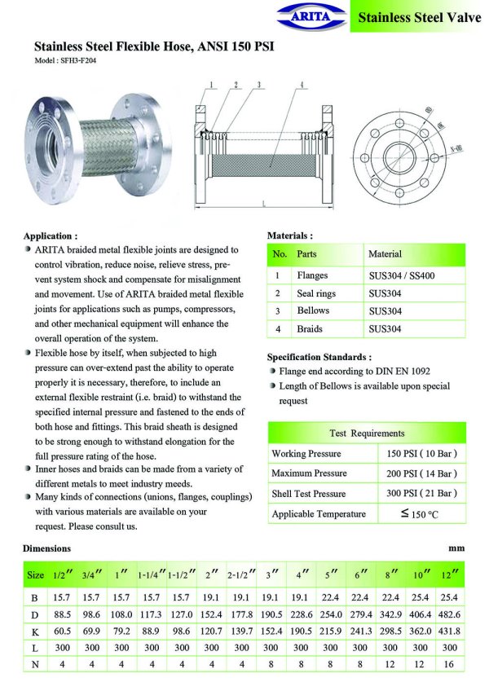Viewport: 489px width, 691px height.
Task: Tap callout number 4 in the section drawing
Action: [302, 85]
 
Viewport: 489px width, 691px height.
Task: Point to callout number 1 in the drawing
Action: [211, 85]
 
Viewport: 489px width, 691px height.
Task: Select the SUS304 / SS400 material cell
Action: [401, 276]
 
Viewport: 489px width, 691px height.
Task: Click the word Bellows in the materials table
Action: [313, 310]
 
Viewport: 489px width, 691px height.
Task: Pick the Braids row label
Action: [310, 329]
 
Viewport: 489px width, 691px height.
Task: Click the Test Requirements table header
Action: [366, 433]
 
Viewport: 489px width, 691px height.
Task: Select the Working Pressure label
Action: [306, 453]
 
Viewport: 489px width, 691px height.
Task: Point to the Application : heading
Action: [51, 235]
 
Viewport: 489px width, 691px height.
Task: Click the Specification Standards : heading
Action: [319, 357]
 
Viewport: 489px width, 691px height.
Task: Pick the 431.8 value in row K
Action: [450, 632]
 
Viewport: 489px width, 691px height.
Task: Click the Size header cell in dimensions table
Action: [36, 574]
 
